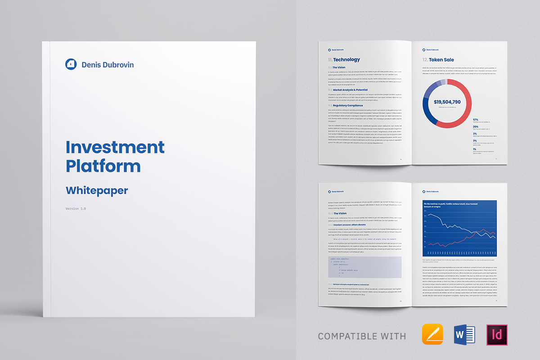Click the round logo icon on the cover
click(x=71, y=64)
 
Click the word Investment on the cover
click(x=115, y=147)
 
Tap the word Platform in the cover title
click(x=103, y=166)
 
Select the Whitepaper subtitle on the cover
click(x=97, y=190)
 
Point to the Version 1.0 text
click(x=76, y=209)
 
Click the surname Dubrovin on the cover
click(x=119, y=65)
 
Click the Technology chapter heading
click(x=346, y=59)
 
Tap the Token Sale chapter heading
click(x=441, y=59)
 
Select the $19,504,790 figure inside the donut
click(x=447, y=102)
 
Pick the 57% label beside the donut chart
click(x=476, y=120)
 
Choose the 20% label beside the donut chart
click(x=476, y=127)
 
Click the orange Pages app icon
click(x=432, y=335)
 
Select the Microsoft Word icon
click(x=465, y=335)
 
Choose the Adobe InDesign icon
click(x=497, y=335)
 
